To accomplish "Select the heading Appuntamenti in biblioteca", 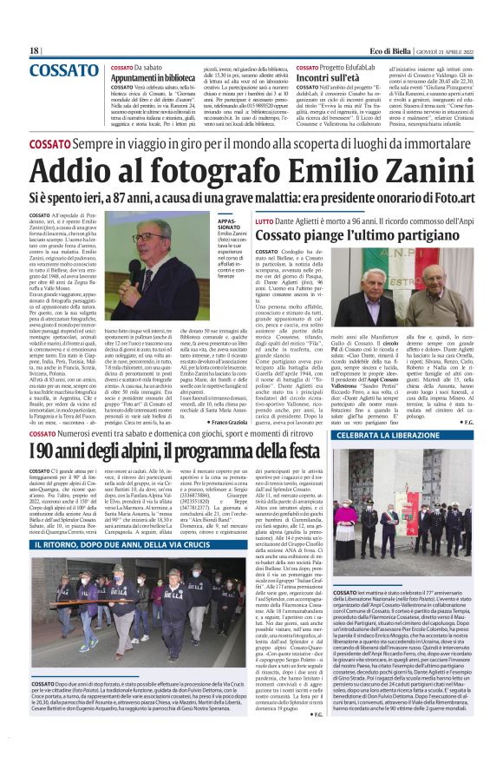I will pos(156,76).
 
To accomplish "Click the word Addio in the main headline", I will pos(82,167).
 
